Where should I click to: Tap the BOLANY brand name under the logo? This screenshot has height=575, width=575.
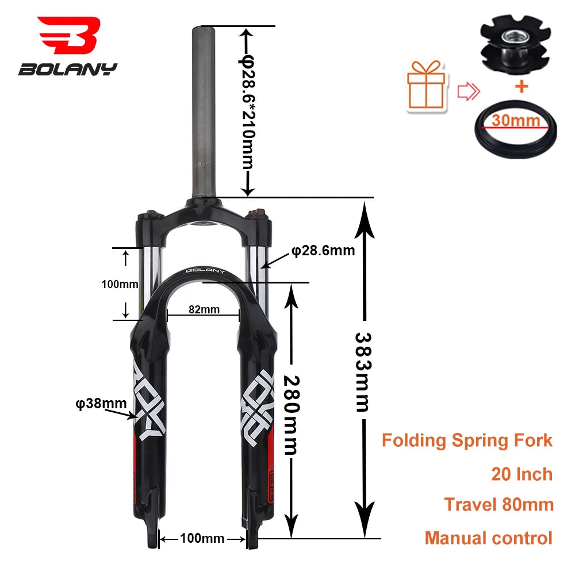tap(67, 70)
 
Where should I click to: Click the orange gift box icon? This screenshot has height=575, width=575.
tap(428, 86)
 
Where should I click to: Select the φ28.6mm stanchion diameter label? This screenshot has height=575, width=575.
tap(323, 251)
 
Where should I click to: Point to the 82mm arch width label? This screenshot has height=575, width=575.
tap(204, 309)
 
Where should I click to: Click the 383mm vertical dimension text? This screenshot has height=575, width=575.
tap(362, 371)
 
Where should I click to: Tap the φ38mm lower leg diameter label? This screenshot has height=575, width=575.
tap(101, 403)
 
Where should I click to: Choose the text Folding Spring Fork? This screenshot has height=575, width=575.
tap(467, 441)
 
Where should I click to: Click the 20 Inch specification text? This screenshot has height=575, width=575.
tap(522, 474)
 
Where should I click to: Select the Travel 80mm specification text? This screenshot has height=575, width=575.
tap(499, 505)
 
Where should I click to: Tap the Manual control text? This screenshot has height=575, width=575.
tap(488, 538)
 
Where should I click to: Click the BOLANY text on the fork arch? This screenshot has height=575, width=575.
tap(205, 271)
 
